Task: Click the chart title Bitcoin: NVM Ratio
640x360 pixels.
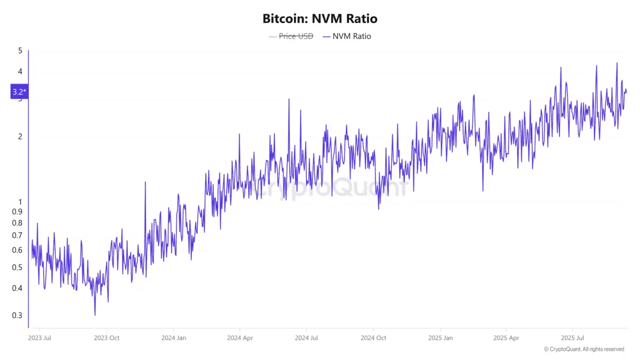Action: tap(320, 19)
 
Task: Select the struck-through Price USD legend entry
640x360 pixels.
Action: tap(291, 36)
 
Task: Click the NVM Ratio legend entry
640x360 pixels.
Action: tap(351, 36)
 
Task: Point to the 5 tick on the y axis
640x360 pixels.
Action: tap(20, 51)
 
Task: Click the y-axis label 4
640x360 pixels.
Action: tap(20, 71)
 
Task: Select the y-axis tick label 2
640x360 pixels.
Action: tap(20, 137)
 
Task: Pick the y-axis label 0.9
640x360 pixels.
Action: tap(18, 212)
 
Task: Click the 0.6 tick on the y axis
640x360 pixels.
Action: tap(18, 250)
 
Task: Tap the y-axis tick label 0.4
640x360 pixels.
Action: tap(18, 288)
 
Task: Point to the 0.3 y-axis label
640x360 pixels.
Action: tap(18, 315)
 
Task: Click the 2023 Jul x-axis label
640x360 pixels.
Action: tap(39, 338)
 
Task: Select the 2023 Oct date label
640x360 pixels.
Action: tap(107, 338)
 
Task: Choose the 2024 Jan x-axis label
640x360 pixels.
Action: tap(173, 338)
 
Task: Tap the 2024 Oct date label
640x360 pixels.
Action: tap(373, 338)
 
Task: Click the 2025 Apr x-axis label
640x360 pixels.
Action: tap(506, 338)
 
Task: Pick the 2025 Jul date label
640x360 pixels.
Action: tap(572, 338)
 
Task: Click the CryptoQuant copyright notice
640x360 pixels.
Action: tap(583, 349)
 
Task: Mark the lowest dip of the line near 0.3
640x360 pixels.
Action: tap(95, 315)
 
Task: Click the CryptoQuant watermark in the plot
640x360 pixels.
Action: tap(331, 188)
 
